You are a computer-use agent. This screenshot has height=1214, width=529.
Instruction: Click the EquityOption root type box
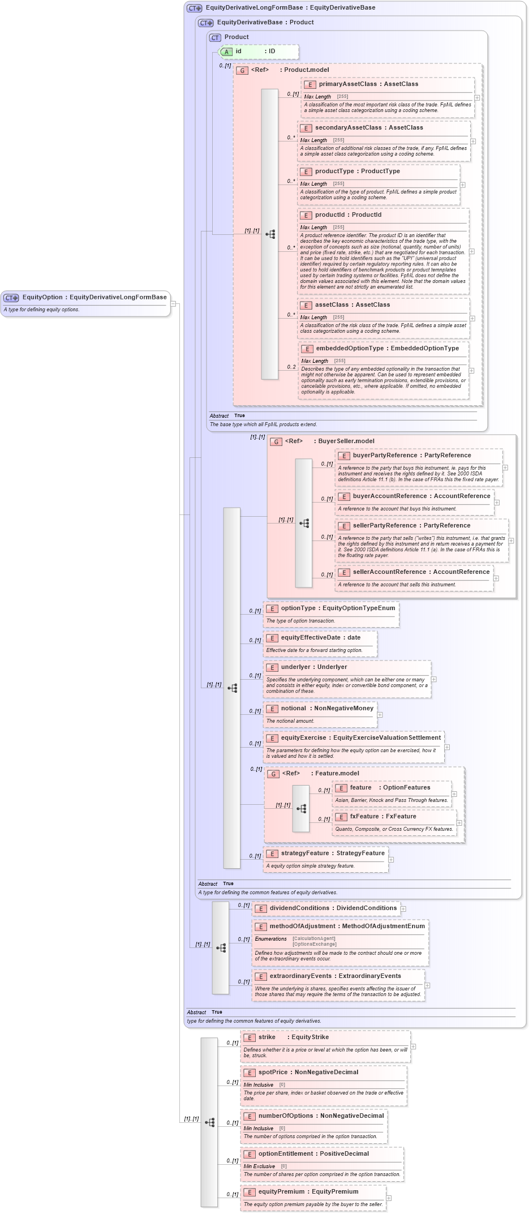pyautogui.click(x=85, y=297)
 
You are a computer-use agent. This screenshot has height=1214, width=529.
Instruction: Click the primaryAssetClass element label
pyautogui.click(x=368, y=84)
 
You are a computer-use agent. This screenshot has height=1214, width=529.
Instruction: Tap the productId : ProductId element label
pyautogui.click(x=347, y=215)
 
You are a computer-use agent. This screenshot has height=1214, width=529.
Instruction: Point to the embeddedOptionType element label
pyautogui.click(x=387, y=349)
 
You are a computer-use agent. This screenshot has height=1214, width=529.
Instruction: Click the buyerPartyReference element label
pyautogui.click(x=411, y=456)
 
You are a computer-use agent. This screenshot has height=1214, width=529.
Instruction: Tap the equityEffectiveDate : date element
pyautogui.click(x=320, y=638)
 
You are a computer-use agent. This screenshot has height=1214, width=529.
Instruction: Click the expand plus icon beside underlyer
pyautogui.click(x=434, y=679)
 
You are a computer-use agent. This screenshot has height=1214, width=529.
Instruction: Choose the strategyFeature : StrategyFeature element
pyautogui.click(x=332, y=853)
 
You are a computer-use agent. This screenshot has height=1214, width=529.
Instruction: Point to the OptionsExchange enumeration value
pyautogui.click(x=315, y=944)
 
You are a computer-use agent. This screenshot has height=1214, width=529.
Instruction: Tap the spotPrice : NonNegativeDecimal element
pyautogui.click(x=308, y=1073)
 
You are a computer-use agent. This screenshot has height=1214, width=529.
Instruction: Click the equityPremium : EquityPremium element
pyautogui.click(x=308, y=1192)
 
